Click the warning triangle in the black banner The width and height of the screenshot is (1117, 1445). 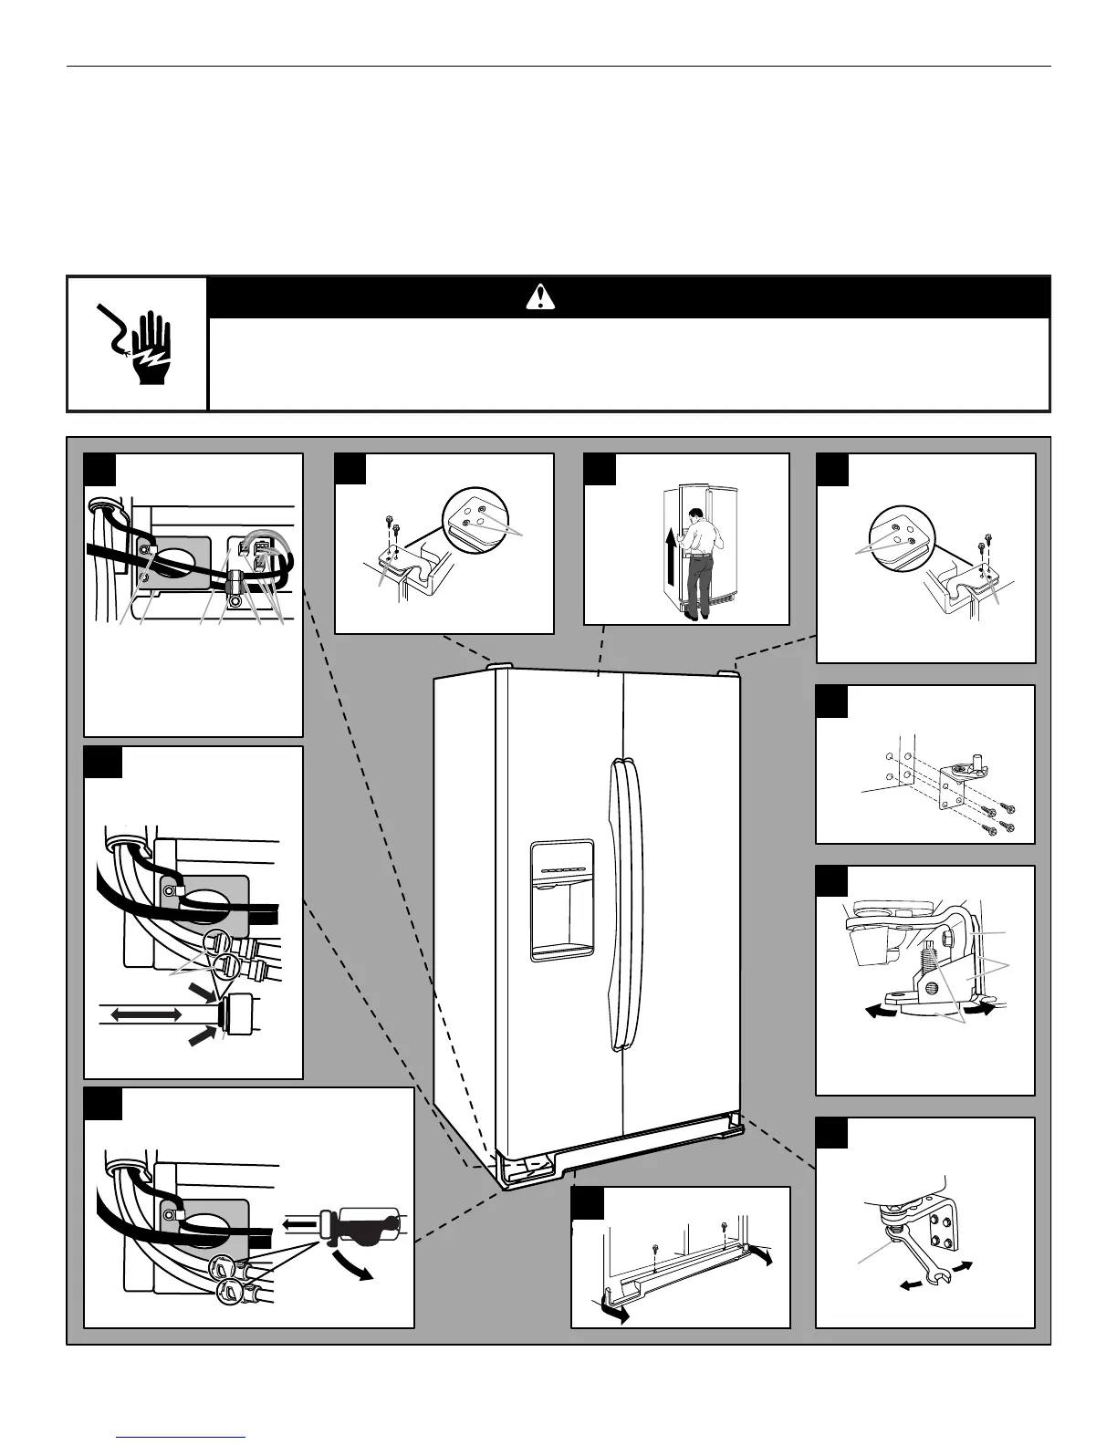tap(541, 296)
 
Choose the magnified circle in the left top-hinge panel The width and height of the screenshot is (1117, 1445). tap(473, 517)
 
